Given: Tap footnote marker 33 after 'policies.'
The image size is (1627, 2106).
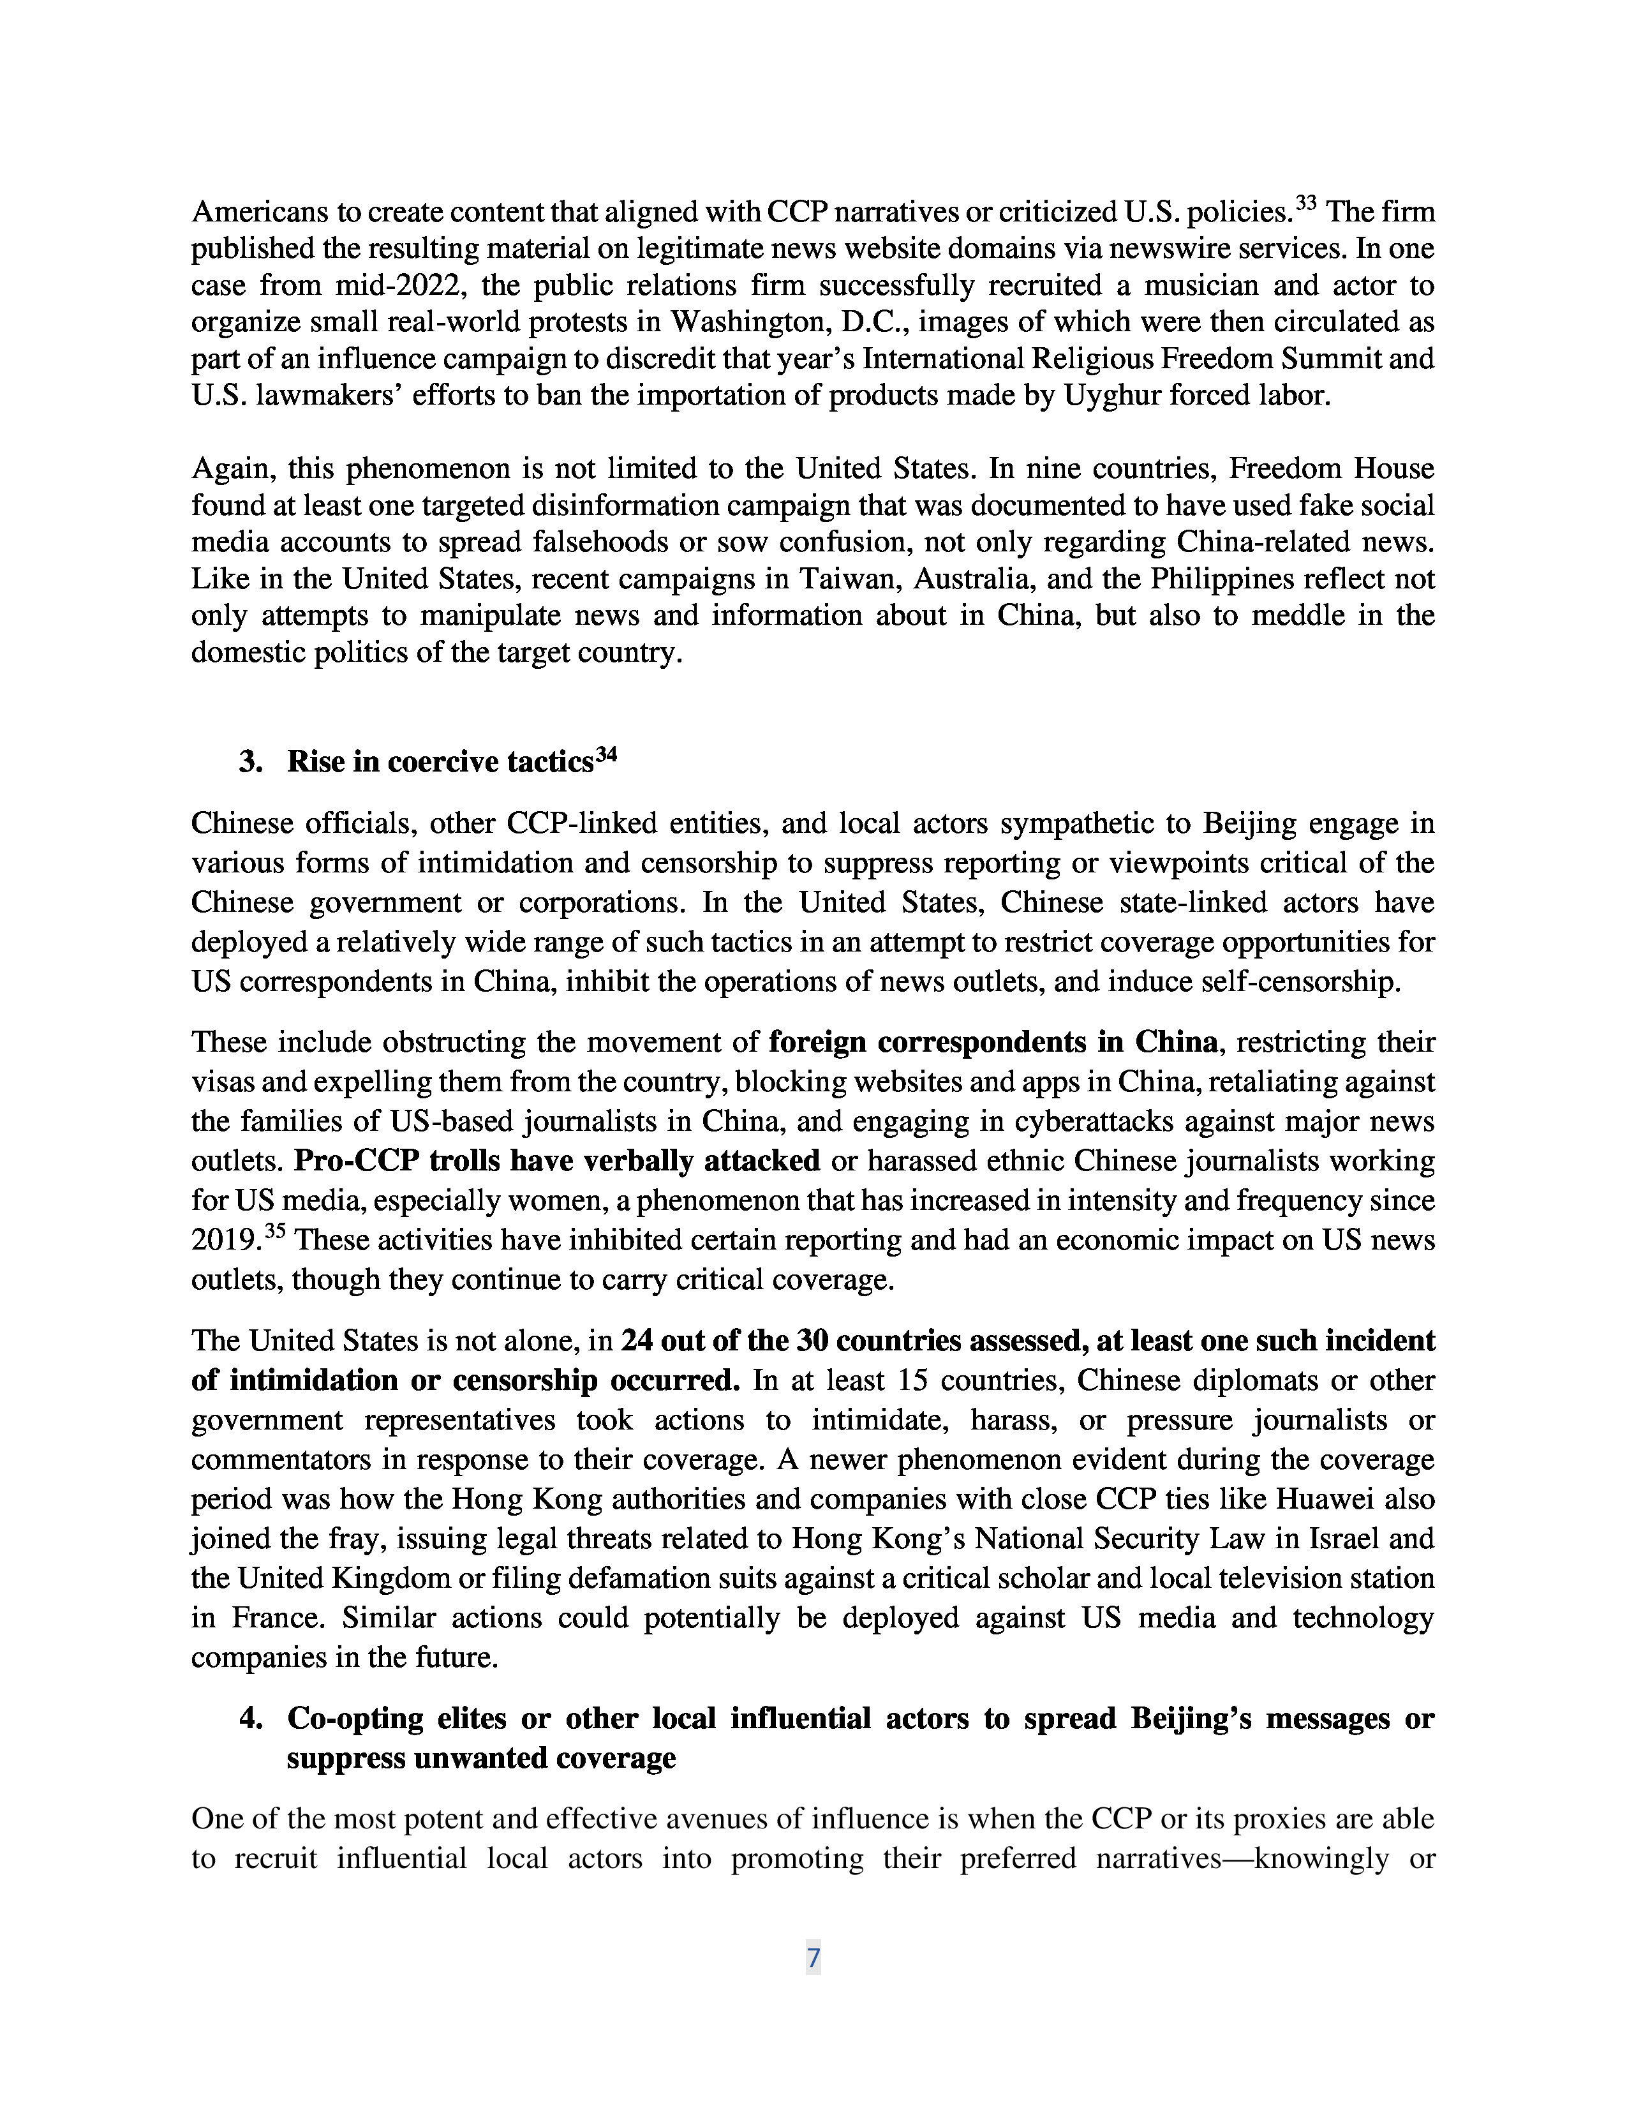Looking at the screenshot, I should click(x=1306, y=204).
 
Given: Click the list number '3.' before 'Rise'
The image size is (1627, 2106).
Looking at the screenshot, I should click(x=251, y=762).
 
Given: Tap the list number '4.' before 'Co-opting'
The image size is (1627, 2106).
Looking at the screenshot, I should click(x=251, y=1719).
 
